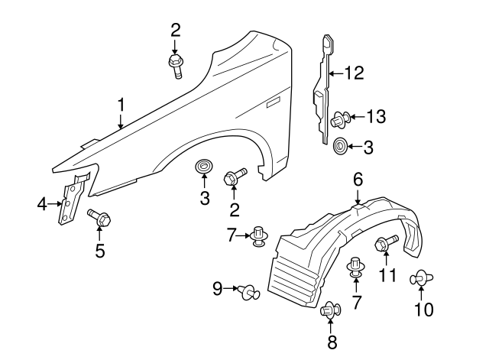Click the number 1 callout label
(120, 104)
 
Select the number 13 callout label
(375, 117)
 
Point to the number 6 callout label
(357, 180)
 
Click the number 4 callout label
(43, 203)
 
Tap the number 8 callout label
(332, 342)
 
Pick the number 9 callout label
(217, 288)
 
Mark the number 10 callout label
(423, 309)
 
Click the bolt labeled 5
(99, 218)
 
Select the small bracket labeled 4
(72, 200)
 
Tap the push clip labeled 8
(330, 312)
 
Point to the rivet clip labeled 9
(248, 290)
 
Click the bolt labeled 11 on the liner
(385, 244)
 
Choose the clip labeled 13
(340, 118)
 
